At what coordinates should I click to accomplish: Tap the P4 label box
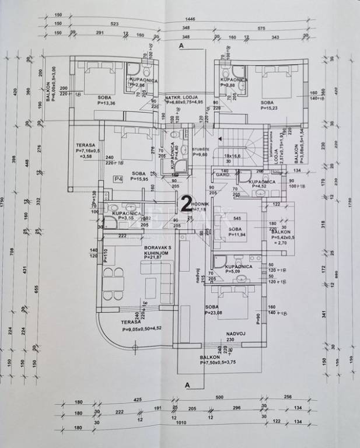tap(118, 178)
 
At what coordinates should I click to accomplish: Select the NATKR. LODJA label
tap(182, 96)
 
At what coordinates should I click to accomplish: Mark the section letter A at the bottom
tap(187, 385)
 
